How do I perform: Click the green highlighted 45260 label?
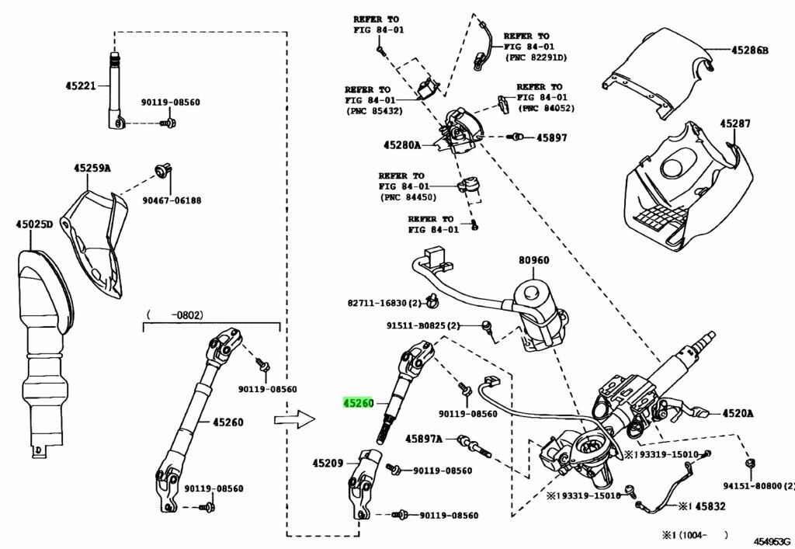click(359, 404)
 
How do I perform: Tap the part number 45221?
click(80, 86)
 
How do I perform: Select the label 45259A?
click(92, 168)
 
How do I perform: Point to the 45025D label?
click(34, 225)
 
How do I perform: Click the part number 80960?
click(533, 262)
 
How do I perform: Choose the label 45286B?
click(749, 50)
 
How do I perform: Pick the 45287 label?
click(734, 123)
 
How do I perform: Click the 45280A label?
click(401, 145)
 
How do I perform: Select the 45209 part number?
click(328, 463)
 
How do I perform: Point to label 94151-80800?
click(759, 485)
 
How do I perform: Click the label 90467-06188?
click(171, 200)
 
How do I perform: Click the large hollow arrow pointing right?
click(294, 420)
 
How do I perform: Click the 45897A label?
click(423, 440)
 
